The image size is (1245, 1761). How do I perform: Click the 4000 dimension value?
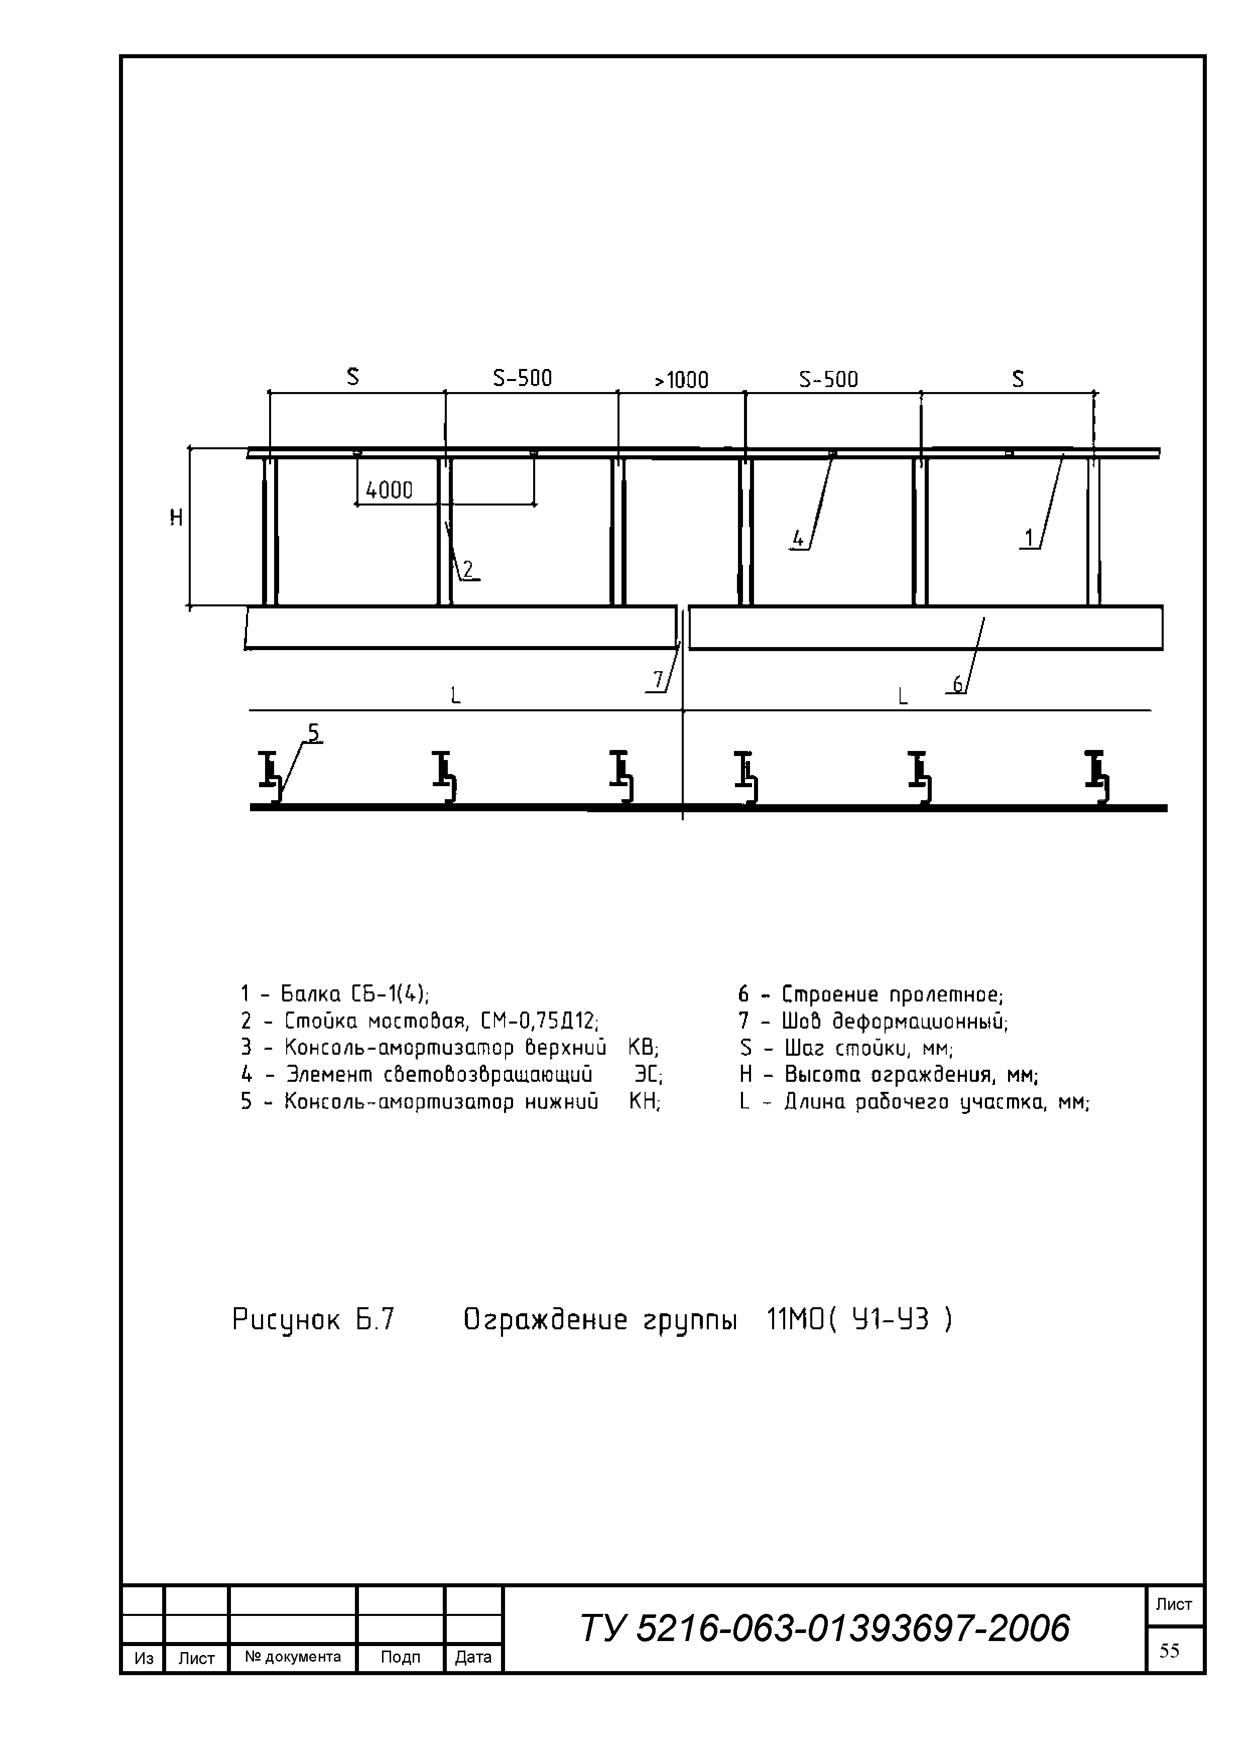(389, 490)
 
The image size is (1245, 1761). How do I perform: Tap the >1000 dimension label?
(681, 380)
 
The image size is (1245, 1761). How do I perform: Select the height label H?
(176, 519)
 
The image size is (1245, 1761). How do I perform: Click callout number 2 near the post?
(468, 568)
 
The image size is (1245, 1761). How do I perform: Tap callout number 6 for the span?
(958, 683)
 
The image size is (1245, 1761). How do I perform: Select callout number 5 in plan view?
(314, 734)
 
